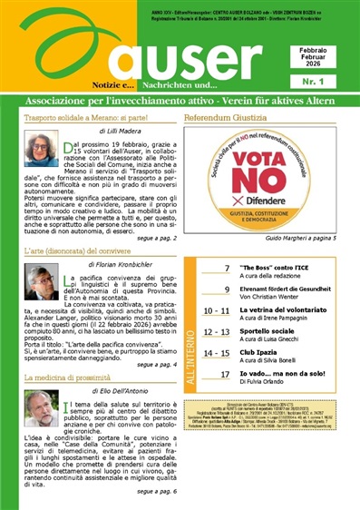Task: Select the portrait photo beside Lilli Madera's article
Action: coord(41,148)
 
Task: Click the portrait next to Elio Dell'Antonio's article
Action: coord(41,408)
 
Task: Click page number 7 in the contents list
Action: coord(227,270)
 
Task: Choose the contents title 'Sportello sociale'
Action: coord(269,330)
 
